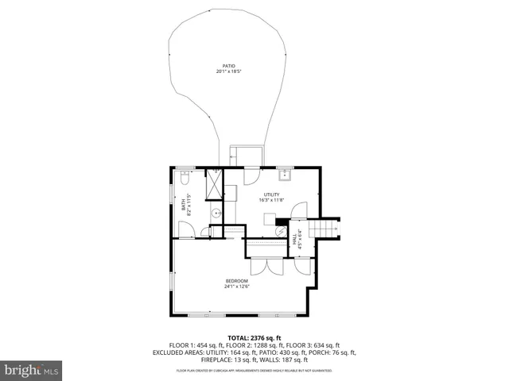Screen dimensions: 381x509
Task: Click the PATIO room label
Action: (x=229, y=66)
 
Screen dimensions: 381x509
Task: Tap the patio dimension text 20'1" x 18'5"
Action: (x=229, y=71)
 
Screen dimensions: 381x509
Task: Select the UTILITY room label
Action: (x=272, y=194)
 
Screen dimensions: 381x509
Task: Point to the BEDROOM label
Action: (x=237, y=281)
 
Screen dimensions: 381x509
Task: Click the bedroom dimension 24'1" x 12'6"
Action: (x=237, y=287)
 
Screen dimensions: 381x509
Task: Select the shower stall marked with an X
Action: (x=215, y=186)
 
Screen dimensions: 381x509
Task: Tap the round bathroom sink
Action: (x=215, y=213)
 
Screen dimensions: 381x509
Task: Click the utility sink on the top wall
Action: (x=284, y=173)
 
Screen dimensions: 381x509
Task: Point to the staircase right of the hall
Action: (x=328, y=228)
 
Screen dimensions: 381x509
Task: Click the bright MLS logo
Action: (x=32, y=370)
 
